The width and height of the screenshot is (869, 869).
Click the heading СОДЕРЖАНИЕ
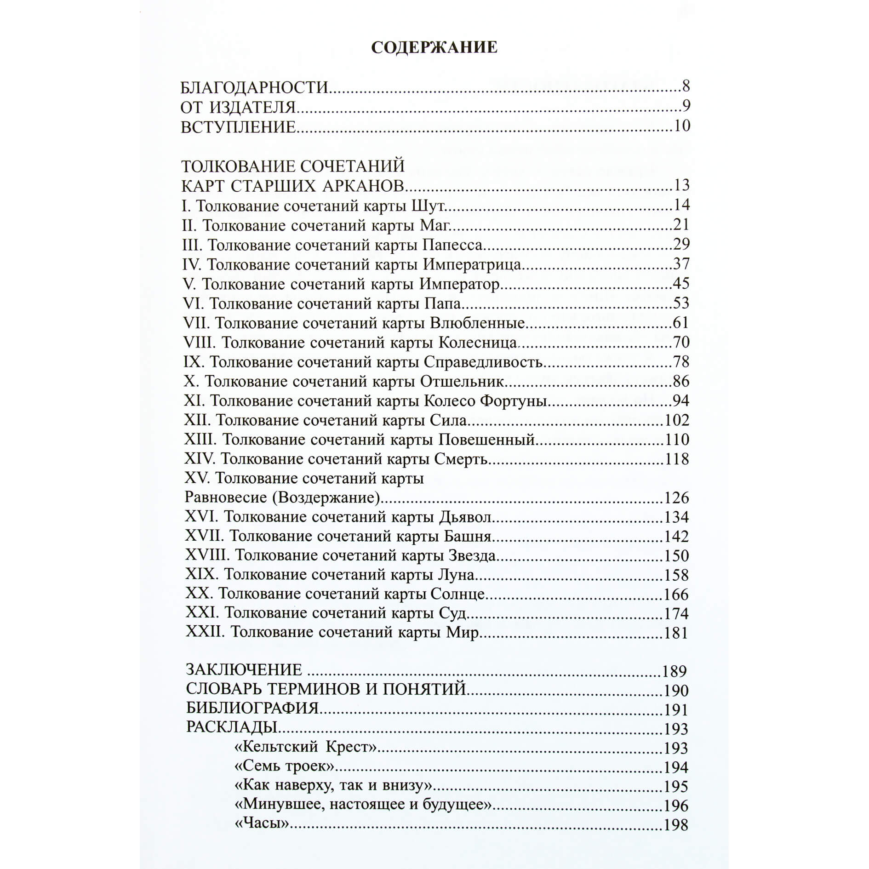click(434, 47)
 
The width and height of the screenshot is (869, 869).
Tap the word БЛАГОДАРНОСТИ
click(255, 87)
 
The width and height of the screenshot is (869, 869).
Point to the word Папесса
click(452, 244)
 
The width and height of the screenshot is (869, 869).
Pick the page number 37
click(681, 264)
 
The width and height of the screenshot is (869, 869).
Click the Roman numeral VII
click(196, 323)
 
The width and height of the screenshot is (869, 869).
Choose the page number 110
click(677, 440)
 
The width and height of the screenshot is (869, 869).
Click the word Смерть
click(460, 459)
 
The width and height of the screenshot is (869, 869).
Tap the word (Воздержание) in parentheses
click(329, 497)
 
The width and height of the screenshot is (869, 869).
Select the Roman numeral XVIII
click(206, 555)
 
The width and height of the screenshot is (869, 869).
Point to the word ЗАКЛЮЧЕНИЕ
click(244, 669)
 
